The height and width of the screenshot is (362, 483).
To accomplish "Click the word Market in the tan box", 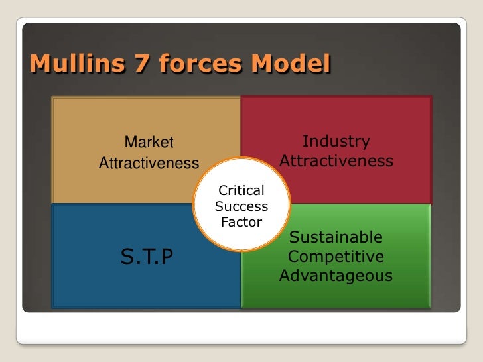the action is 149,142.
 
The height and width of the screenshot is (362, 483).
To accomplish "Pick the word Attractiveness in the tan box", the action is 149,163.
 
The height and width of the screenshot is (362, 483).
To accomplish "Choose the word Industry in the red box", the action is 336,141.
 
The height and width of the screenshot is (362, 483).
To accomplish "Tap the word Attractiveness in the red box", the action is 336,161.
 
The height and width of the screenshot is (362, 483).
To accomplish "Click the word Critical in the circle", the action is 241,190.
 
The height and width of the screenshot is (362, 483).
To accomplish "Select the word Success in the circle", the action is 241,206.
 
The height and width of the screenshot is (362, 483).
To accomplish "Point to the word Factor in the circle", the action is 241,222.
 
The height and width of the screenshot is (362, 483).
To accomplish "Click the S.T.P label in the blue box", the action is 147,256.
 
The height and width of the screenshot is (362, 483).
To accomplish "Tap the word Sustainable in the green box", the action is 336,237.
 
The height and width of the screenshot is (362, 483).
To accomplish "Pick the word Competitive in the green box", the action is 336,256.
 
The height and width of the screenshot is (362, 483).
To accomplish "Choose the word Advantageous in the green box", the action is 336,275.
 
